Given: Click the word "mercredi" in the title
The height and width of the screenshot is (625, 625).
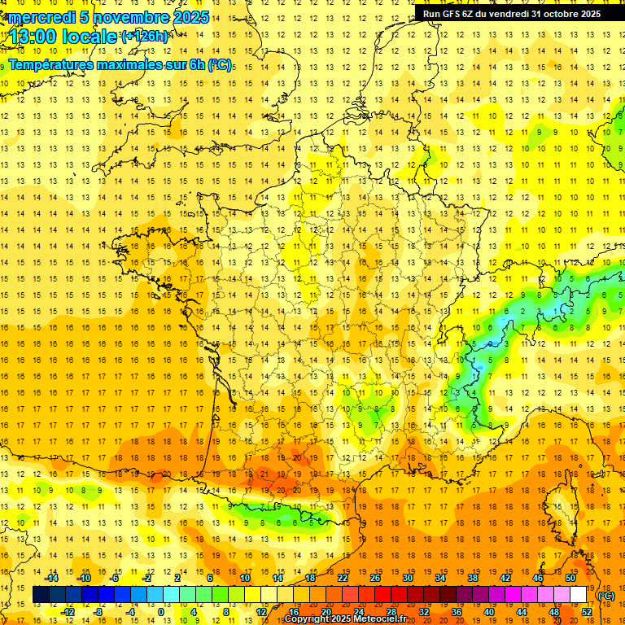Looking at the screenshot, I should tap(41, 17).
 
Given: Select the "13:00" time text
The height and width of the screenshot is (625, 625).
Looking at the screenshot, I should tap(33, 37).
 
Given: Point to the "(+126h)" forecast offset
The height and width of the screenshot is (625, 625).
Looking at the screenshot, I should tap(144, 37).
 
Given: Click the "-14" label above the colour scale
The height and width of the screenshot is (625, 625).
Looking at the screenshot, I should tap(52, 578).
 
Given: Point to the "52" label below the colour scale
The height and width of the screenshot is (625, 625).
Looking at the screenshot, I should tap(587, 611).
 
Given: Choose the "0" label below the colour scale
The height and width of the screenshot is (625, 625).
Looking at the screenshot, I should tap(160, 611).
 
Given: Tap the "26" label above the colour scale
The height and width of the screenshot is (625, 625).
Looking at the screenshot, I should tap(375, 578).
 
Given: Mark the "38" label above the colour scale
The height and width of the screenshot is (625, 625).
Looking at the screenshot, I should tap(473, 578).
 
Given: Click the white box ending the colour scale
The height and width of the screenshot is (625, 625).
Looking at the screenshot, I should tap(579, 595).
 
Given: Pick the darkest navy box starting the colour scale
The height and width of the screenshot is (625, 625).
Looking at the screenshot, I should tap(42, 595).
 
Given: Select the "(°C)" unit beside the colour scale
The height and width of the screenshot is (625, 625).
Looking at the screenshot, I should tap(605, 595).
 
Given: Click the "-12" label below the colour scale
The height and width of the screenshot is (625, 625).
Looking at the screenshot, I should tap(68, 611).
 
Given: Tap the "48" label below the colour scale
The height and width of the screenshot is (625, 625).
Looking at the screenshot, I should tap(554, 611).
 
